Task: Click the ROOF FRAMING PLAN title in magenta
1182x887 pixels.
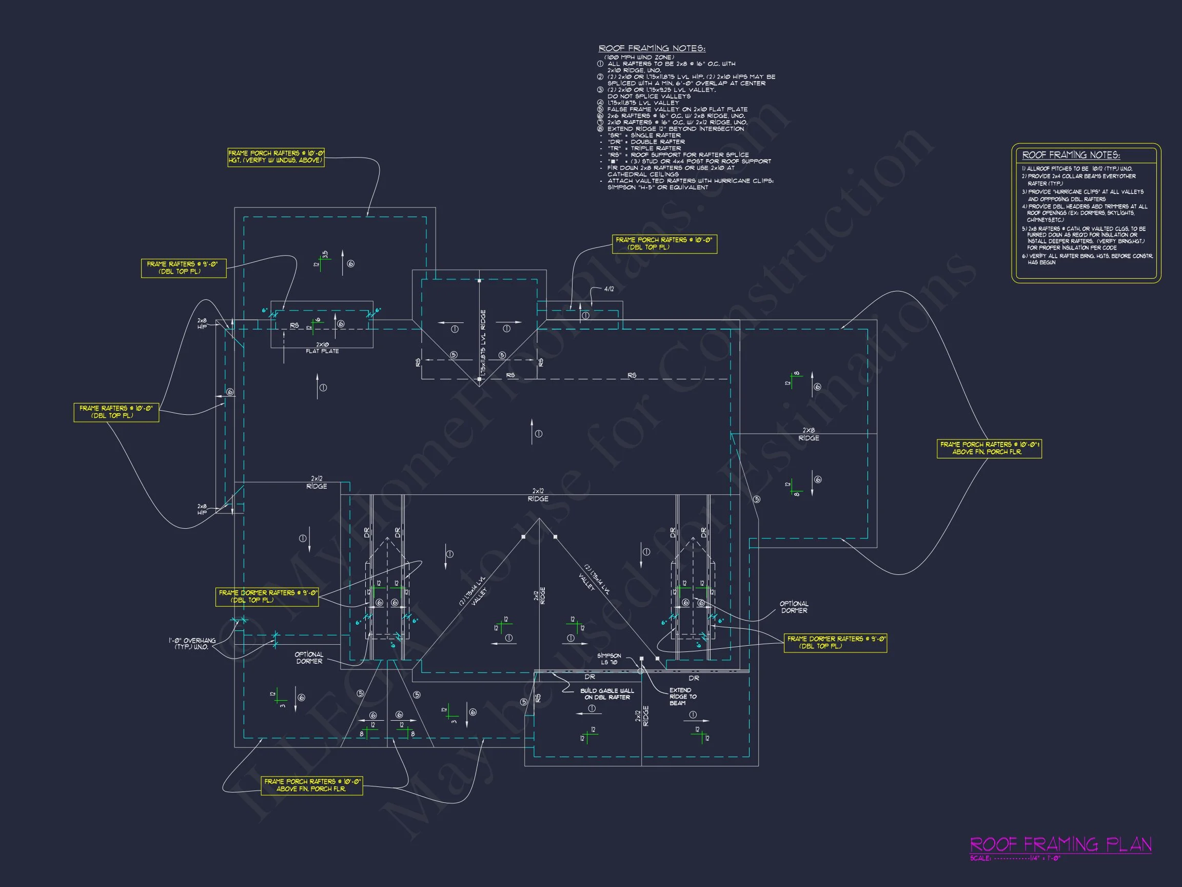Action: pos(1060,844)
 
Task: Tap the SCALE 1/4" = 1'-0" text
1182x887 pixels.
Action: pos(1015,858)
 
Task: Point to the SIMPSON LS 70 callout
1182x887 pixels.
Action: pos(608,659)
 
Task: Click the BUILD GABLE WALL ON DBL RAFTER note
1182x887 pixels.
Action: pos(607,694)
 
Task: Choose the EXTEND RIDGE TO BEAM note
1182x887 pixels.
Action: pos(682,697)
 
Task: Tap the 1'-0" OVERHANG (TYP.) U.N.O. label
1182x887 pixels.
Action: pos(192,643)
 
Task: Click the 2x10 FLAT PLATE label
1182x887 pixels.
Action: pos(322,348)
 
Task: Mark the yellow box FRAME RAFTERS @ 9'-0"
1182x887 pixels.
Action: pos(183,268)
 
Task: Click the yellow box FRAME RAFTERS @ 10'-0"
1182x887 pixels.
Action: pos(116,412)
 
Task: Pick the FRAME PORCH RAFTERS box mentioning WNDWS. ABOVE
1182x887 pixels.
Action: pos(275,157)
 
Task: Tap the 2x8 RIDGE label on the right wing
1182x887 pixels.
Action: pos(809,434)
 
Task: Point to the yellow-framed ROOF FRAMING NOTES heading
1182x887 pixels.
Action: pos(1071,155)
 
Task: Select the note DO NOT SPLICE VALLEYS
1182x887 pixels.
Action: pos(648,96)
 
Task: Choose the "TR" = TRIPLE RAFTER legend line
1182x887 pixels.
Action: pos(644,148)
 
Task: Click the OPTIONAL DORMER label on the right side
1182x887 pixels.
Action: pos(794,607)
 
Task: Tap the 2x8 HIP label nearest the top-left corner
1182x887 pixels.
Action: pos(202,323)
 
